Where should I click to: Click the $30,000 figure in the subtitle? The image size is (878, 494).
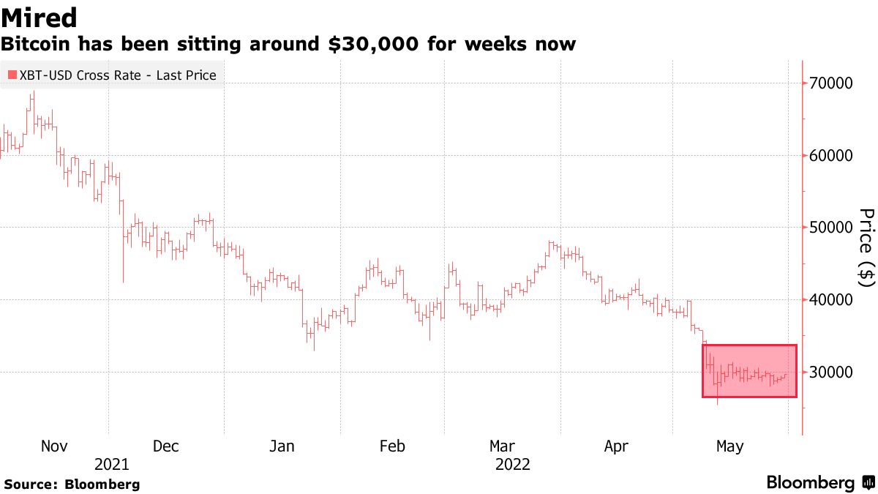coord(372,45)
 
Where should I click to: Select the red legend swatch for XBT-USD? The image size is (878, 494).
coord(12,75)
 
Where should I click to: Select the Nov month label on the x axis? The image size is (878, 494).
coord(55,446)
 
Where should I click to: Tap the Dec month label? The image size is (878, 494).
coord(166,446)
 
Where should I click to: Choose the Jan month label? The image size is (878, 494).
coord(282,446)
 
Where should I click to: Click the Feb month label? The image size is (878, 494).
coord(392,446)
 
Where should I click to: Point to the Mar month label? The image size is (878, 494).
coord(503,446)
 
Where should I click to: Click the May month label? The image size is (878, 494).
coord(729,446)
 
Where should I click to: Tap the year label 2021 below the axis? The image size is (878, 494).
coord(112,465)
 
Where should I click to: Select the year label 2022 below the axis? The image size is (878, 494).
coord(513,465)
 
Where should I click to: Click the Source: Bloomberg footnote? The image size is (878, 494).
coord(72,484)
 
